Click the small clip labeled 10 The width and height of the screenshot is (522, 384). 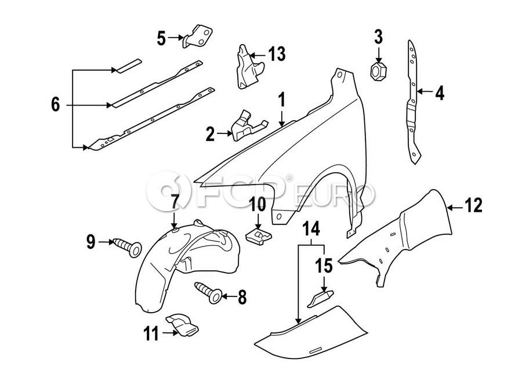258,234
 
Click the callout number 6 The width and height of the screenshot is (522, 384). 55,105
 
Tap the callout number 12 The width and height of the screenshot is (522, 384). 473,205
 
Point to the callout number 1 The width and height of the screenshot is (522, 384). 282,100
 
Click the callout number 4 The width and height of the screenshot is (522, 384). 440,92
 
